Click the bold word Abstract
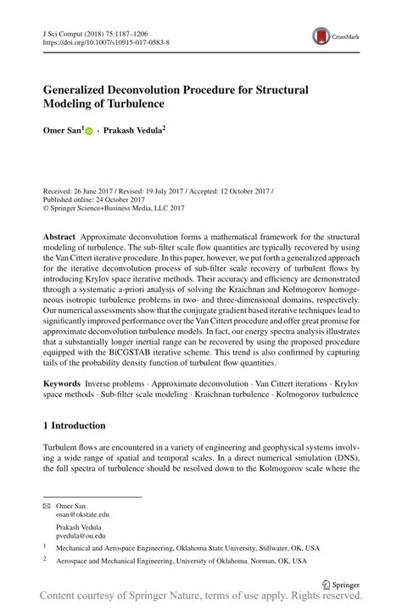(62, 233)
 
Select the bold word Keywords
(65, 384)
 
